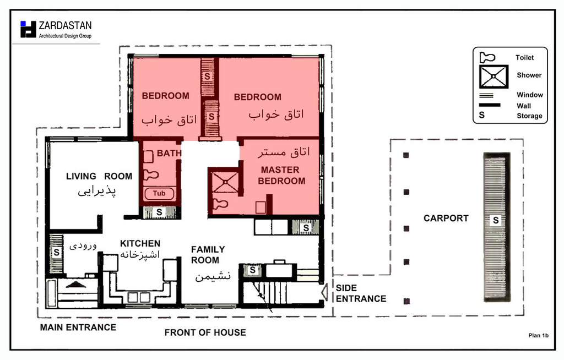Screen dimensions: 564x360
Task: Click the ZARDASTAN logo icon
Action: tap(29, 29)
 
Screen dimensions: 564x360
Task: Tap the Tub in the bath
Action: tap(159, 194)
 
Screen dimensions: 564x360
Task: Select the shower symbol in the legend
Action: tap(493, 77)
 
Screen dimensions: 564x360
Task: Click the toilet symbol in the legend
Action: tap(487, 57)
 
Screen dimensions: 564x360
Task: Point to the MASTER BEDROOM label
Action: tap(281, 176)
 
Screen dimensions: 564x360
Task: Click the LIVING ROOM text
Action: tap(99, 176)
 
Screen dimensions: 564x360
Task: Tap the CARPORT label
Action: tap(446, 219)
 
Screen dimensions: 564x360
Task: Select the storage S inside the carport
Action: tap(496, 220)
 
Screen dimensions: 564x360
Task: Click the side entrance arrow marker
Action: tap(324, 292)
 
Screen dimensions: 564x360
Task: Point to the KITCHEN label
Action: tap(140, 243)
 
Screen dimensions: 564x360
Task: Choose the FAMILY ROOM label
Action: tap(208, 255)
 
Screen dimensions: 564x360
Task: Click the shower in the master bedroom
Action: tap(225, 182)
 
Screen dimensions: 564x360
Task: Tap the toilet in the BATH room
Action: tap(151, 175)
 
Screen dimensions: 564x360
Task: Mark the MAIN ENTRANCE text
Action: tap(78, 328)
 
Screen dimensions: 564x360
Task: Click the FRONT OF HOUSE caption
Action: tap(205, 332)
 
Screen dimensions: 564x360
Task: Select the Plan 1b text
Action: tap(539, 336)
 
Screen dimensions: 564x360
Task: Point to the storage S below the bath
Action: tap(159, 212)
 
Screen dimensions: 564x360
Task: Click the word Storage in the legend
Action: tap(529, 116)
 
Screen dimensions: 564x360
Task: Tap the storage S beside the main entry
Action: tap(57, 252)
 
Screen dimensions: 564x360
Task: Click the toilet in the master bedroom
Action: tap(221, 204)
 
